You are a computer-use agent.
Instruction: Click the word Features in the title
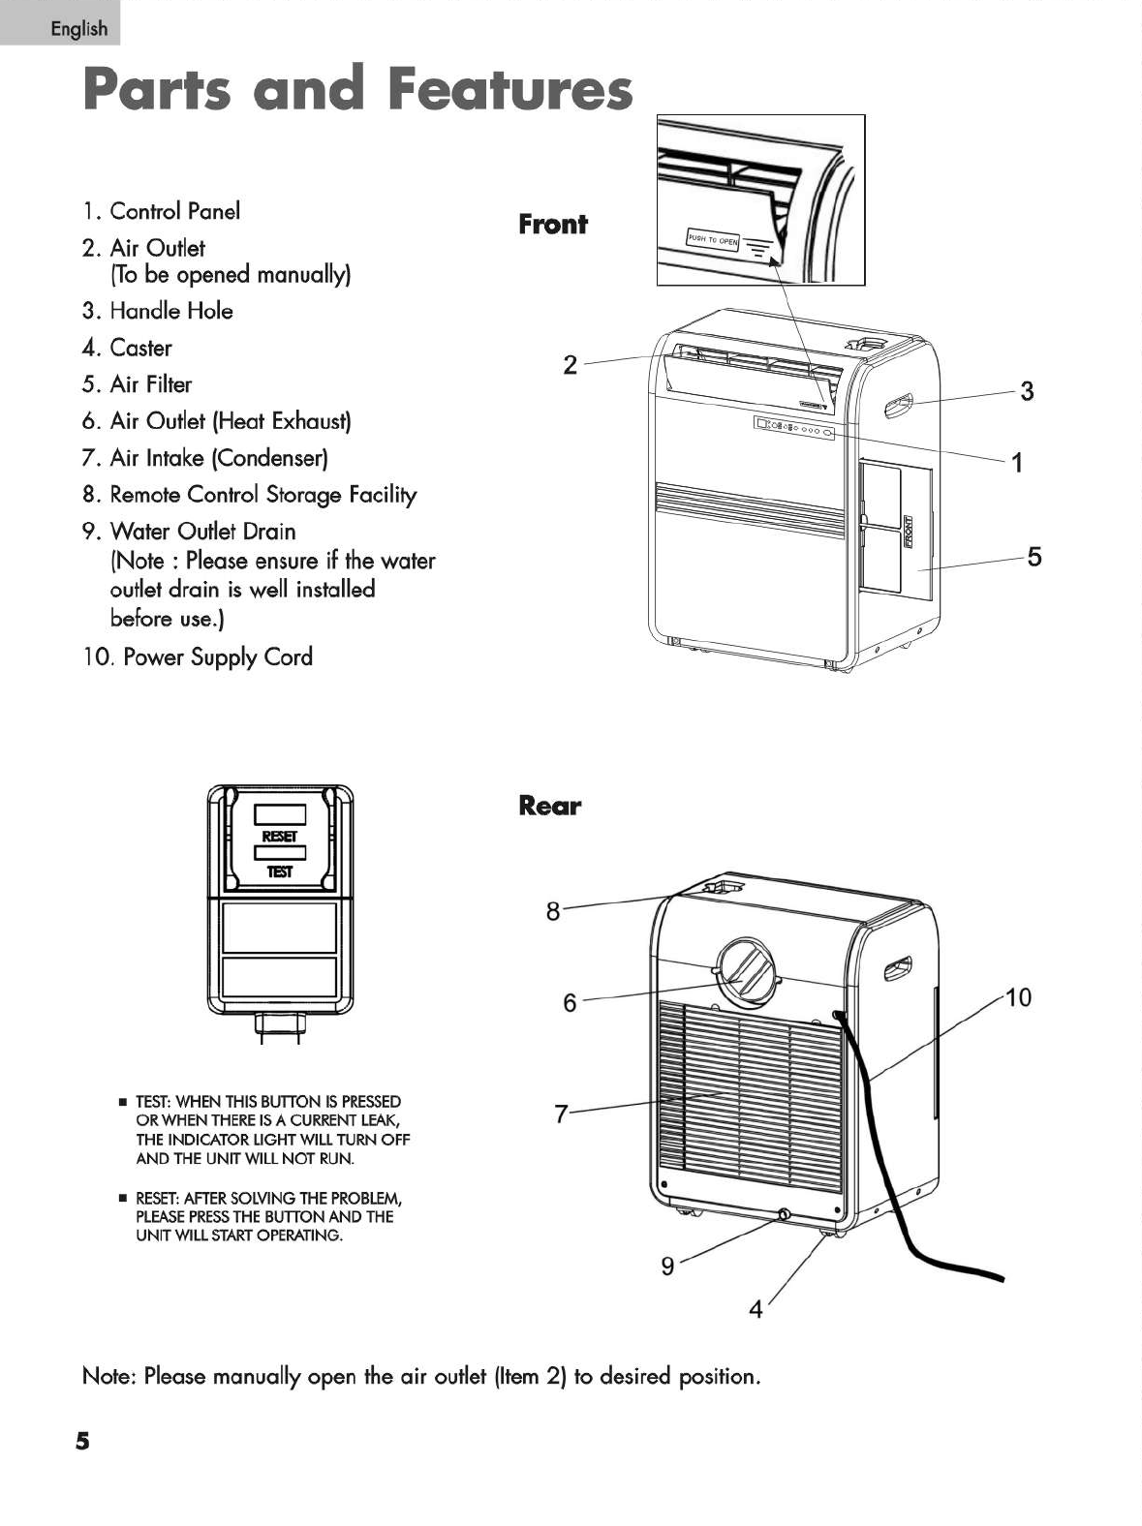[509, 89]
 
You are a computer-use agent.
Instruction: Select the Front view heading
[552, 225]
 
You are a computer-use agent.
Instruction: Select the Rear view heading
[549, 806]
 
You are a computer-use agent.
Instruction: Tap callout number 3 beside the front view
[1027, 391]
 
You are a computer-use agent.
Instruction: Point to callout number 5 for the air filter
[1034, 557]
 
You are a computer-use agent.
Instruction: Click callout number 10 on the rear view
[1019, 997]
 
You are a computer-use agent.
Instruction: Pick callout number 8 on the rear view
[553, 911]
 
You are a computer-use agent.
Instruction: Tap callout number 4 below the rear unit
[756, 1310]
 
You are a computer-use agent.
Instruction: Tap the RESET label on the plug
[280, 836]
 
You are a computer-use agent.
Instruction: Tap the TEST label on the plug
[280, 872]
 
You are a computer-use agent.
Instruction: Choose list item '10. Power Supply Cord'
[198, 657]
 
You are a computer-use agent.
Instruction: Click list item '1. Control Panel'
[162, 211]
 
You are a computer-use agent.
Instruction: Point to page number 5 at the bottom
[82, 1442]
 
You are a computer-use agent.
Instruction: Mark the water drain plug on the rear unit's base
[783, 1214]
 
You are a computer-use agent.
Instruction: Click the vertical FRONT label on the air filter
[909, 532]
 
